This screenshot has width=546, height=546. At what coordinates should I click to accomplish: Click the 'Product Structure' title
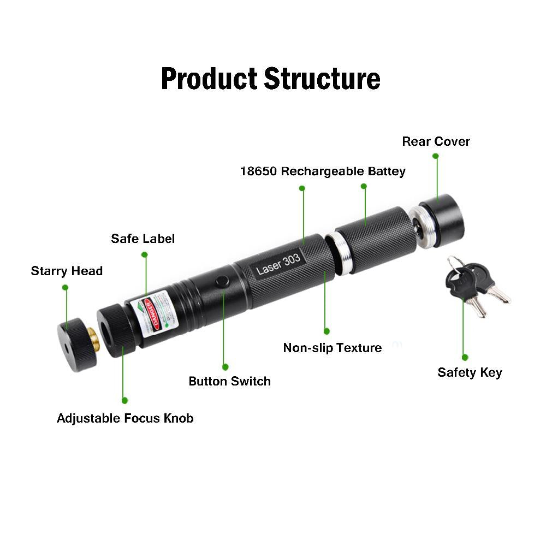pos(270,79)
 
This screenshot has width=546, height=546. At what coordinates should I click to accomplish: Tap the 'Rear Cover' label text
pos(436,141)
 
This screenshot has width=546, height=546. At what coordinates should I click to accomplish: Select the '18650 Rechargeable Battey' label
pos(323,171)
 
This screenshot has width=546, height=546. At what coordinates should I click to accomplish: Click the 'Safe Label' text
pos(143,239)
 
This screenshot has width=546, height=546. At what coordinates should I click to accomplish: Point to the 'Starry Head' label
pos(67,271)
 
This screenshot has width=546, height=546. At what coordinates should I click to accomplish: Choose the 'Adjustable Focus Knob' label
pos(125,418)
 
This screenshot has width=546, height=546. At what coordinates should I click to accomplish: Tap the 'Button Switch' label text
pos(229,381)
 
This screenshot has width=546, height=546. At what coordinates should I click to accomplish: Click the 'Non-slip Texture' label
pos(332,348)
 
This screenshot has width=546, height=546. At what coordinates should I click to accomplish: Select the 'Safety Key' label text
pos(470,372)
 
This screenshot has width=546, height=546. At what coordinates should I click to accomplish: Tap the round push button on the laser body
pos(222,282)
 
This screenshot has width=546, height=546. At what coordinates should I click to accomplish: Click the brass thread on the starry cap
pos(93,339)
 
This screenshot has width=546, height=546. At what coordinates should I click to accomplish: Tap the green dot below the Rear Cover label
pos(436,156)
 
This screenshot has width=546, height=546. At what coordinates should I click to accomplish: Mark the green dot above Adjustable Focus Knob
pos(125,400)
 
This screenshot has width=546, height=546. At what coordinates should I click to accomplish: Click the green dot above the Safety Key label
pos(465,357)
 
